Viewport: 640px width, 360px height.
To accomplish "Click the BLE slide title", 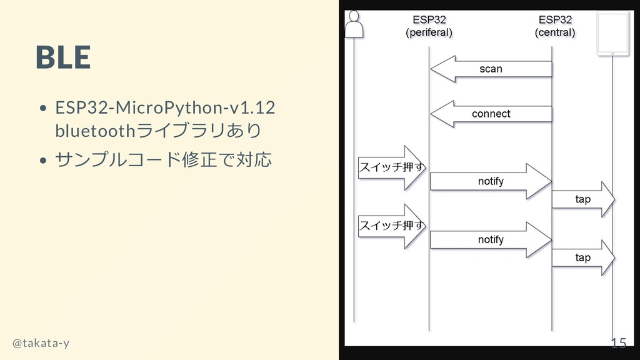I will pos(63,57).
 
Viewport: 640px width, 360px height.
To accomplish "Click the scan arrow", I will pos(491,69).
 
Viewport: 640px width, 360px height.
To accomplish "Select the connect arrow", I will pos(491,114).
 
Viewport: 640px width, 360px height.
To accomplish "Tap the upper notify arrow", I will pos(491,181).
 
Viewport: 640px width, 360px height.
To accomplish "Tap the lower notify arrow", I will pos(491,239).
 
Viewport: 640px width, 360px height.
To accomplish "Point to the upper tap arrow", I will pos(583,199).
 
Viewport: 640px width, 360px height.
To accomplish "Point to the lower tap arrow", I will pos(583,257).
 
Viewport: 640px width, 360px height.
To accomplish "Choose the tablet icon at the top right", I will pos(612,34).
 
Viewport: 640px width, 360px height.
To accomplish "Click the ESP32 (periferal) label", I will pos(429,26).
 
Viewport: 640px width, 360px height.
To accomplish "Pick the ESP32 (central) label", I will pos(555,26).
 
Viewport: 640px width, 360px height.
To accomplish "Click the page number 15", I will pos(618,342).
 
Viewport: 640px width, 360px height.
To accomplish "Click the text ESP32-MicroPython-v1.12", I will pos(165,107).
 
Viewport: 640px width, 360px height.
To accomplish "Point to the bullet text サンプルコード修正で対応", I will pos(164,160).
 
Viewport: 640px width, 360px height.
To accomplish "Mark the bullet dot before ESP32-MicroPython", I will pos(42,108).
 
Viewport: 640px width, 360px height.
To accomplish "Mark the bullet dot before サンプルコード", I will pos(42,161).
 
